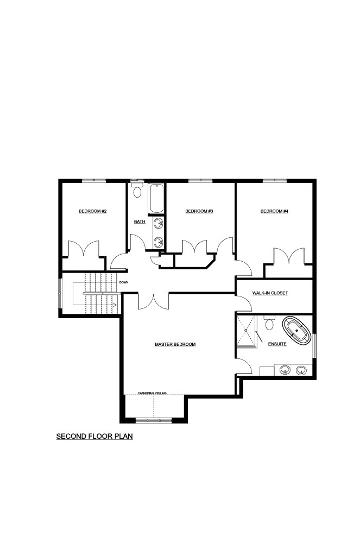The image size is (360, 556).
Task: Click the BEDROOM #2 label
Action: [x=92, y=211]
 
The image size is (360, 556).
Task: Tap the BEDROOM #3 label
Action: [x=199, y=211]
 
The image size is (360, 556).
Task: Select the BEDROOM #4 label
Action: [x=274, y=211]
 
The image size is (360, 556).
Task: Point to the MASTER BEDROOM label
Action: [x=175, y=344]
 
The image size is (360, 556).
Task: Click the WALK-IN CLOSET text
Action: [x=270, y=293]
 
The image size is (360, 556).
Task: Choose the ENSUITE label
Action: [x=277, y=344]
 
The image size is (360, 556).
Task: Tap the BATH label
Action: [x=140, y=222]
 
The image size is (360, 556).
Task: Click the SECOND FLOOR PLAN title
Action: [x=94, y=436]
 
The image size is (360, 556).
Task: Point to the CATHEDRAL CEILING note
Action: [x=152, y=393]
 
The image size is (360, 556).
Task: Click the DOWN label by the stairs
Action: [x=124, y=282]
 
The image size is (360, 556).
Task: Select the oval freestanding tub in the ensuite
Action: [x=296, y=330]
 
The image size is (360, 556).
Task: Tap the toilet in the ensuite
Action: [x=269, y=323]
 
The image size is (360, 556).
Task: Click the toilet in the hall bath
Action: [x=137, y=189]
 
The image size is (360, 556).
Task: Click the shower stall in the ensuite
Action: [x=246, y=331]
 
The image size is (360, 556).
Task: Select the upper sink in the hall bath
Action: [x=158, y=224]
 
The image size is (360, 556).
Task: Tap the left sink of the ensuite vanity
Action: [x=285, y=370]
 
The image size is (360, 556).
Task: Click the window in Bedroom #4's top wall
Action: [x=275, y=180]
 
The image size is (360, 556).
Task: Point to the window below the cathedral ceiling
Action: [x=154, y=421]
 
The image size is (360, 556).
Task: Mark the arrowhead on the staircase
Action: [x=115, y=305]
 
